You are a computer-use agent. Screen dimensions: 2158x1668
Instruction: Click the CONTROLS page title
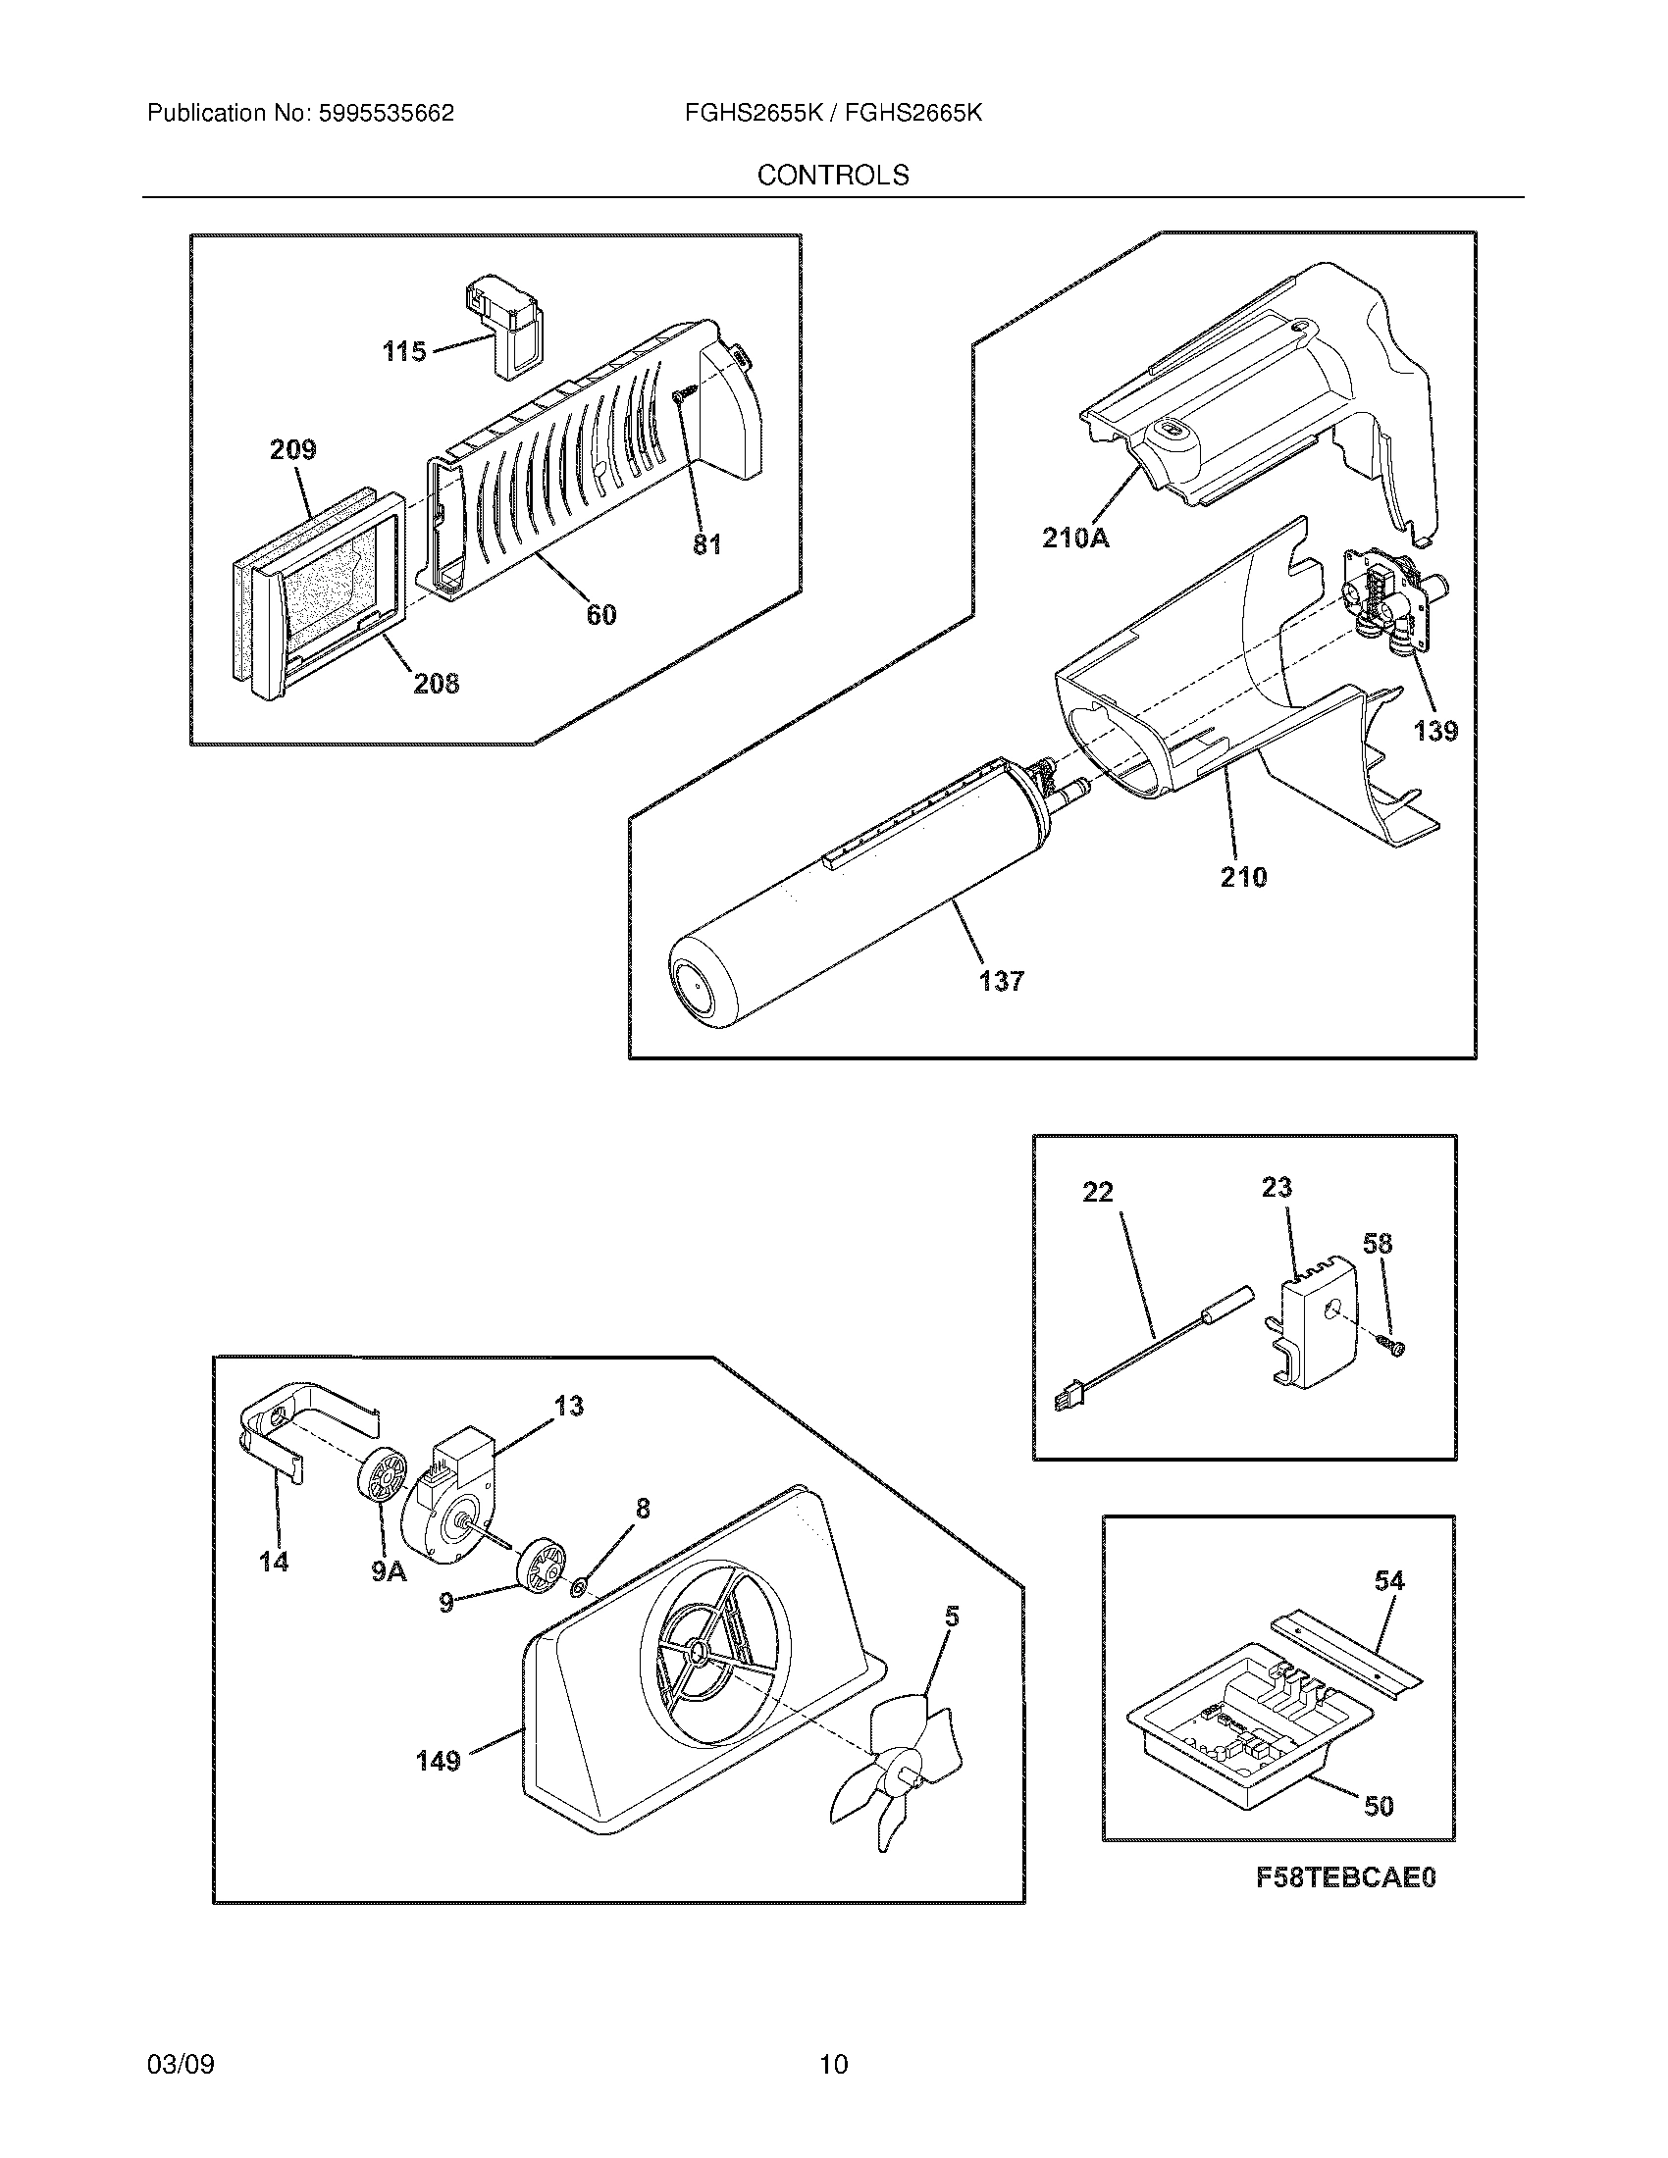[x=832, y=175]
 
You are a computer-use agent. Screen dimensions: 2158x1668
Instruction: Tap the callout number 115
[x=404, y=351]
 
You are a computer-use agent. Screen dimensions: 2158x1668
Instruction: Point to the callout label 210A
[x=1075, y=539]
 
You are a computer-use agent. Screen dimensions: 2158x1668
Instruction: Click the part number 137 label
[x=1001, y=981]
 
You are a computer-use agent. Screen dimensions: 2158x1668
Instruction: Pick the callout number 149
[x=438, y=1761]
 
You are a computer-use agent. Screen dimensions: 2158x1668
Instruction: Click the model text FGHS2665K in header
[x=914, y=114]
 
